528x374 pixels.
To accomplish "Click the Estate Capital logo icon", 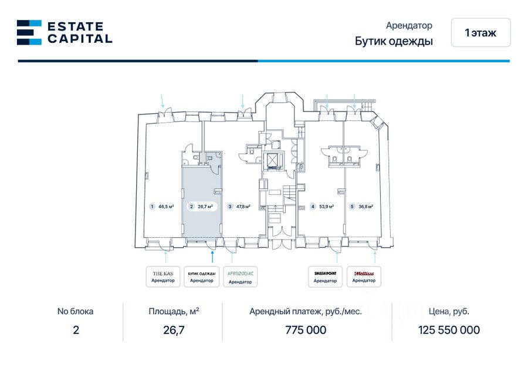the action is click(29, 32).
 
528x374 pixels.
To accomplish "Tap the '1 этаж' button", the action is click(480, 33).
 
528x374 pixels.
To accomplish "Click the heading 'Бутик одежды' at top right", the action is click(394, 41).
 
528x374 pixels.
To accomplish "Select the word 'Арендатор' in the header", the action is click(409, 26).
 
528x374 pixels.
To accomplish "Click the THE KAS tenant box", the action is click(163, 277).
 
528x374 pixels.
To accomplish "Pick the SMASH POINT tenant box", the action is click(325, 277).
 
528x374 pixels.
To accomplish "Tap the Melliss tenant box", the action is click(364, 277).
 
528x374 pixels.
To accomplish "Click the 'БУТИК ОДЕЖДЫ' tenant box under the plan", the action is click(202, 277).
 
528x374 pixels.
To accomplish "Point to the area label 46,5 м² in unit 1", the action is click(166, 207).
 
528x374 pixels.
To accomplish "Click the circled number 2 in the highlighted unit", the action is click(191, 207).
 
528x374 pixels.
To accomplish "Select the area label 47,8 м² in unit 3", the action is click(243, 207).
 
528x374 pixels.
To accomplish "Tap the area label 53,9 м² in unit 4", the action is click(327, 207).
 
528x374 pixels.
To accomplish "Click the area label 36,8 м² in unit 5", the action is click(365, 207).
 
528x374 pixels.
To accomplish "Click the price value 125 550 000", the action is click(449, 330).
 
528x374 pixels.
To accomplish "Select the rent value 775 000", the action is click(306, 330).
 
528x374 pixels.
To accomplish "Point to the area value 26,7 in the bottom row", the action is click(174, 330).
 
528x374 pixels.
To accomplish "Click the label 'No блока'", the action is click(75, 312).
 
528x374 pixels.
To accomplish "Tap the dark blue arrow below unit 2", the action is click(212, 256).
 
